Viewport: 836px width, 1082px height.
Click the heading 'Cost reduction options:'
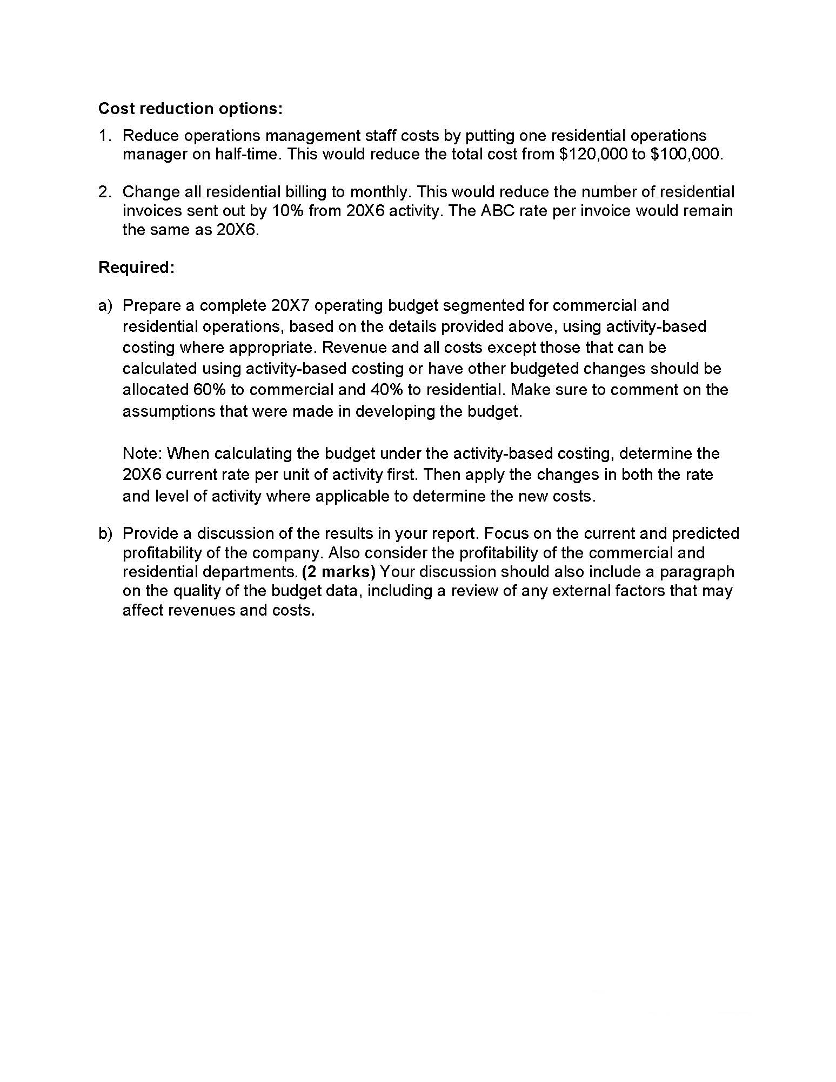click(190, 109)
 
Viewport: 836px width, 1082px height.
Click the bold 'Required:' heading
click(136, 268)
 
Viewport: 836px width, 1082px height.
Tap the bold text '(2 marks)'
click(339, 572)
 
